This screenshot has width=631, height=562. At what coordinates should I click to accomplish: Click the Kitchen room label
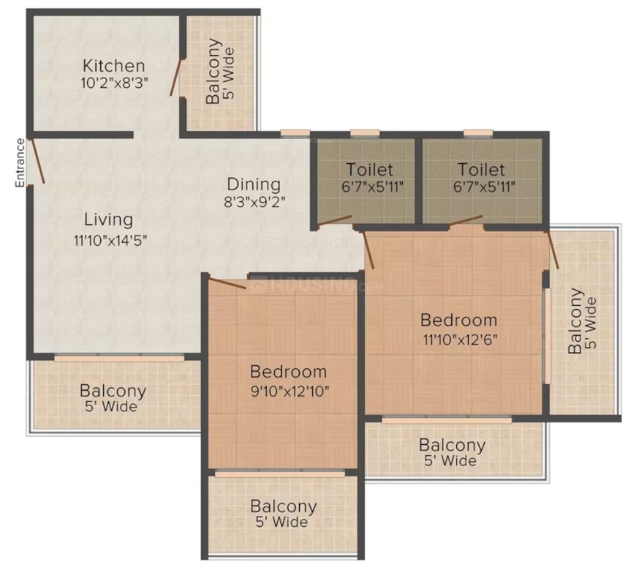[x=113, y=65]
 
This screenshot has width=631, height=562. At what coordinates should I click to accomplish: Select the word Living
[x=108, y=219]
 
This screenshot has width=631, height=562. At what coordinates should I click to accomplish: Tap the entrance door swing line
[x=37, y=160]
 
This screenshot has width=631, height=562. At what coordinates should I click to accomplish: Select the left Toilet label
[x=369, y=170]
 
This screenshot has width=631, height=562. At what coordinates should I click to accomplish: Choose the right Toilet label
[x=477, y=170]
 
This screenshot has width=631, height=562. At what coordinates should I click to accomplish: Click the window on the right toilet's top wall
[x=477, y=133]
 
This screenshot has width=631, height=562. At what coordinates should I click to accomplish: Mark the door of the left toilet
[x=335, y=220]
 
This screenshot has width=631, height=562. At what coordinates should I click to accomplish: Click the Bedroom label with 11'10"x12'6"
[x=458, y=320]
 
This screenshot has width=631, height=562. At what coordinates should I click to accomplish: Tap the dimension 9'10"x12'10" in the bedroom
[x=287, y=390]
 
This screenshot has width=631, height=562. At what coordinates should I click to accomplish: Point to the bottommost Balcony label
[x=283, y=506]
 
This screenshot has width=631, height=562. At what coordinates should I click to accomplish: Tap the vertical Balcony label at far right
[x=578, y=322]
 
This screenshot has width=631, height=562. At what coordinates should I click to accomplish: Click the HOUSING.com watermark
[x=314, y=285]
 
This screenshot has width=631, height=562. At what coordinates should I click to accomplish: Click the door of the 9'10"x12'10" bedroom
[x=227, y=283]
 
